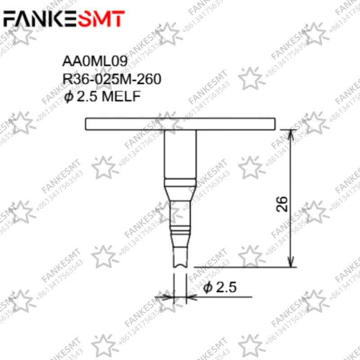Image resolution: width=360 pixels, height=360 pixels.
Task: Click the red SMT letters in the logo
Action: pyautogui.click(x=103, y=18)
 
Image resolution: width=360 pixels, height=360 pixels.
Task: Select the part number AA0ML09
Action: pyautogui.click(x=95, y=61)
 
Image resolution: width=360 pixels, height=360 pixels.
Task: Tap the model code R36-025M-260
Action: pyautogui.click(x=112, y=79)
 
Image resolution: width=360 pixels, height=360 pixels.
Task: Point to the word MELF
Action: pyautogui.click(x=121, y=96)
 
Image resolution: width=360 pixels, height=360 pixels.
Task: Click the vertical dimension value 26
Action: pyautogui.click(x=282, y=204)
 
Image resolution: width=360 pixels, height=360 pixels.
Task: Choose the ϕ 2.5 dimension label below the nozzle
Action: pyautogui.click(x=220, y=288)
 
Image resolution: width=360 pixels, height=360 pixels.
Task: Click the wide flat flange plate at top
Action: pyautogui.click(x=180, y=124)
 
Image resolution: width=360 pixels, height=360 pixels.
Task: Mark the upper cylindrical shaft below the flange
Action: pyautogui.click(x=180, y=154)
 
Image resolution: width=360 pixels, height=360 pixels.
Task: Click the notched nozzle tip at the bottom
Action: pyautogui.click(x=180, y=257)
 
